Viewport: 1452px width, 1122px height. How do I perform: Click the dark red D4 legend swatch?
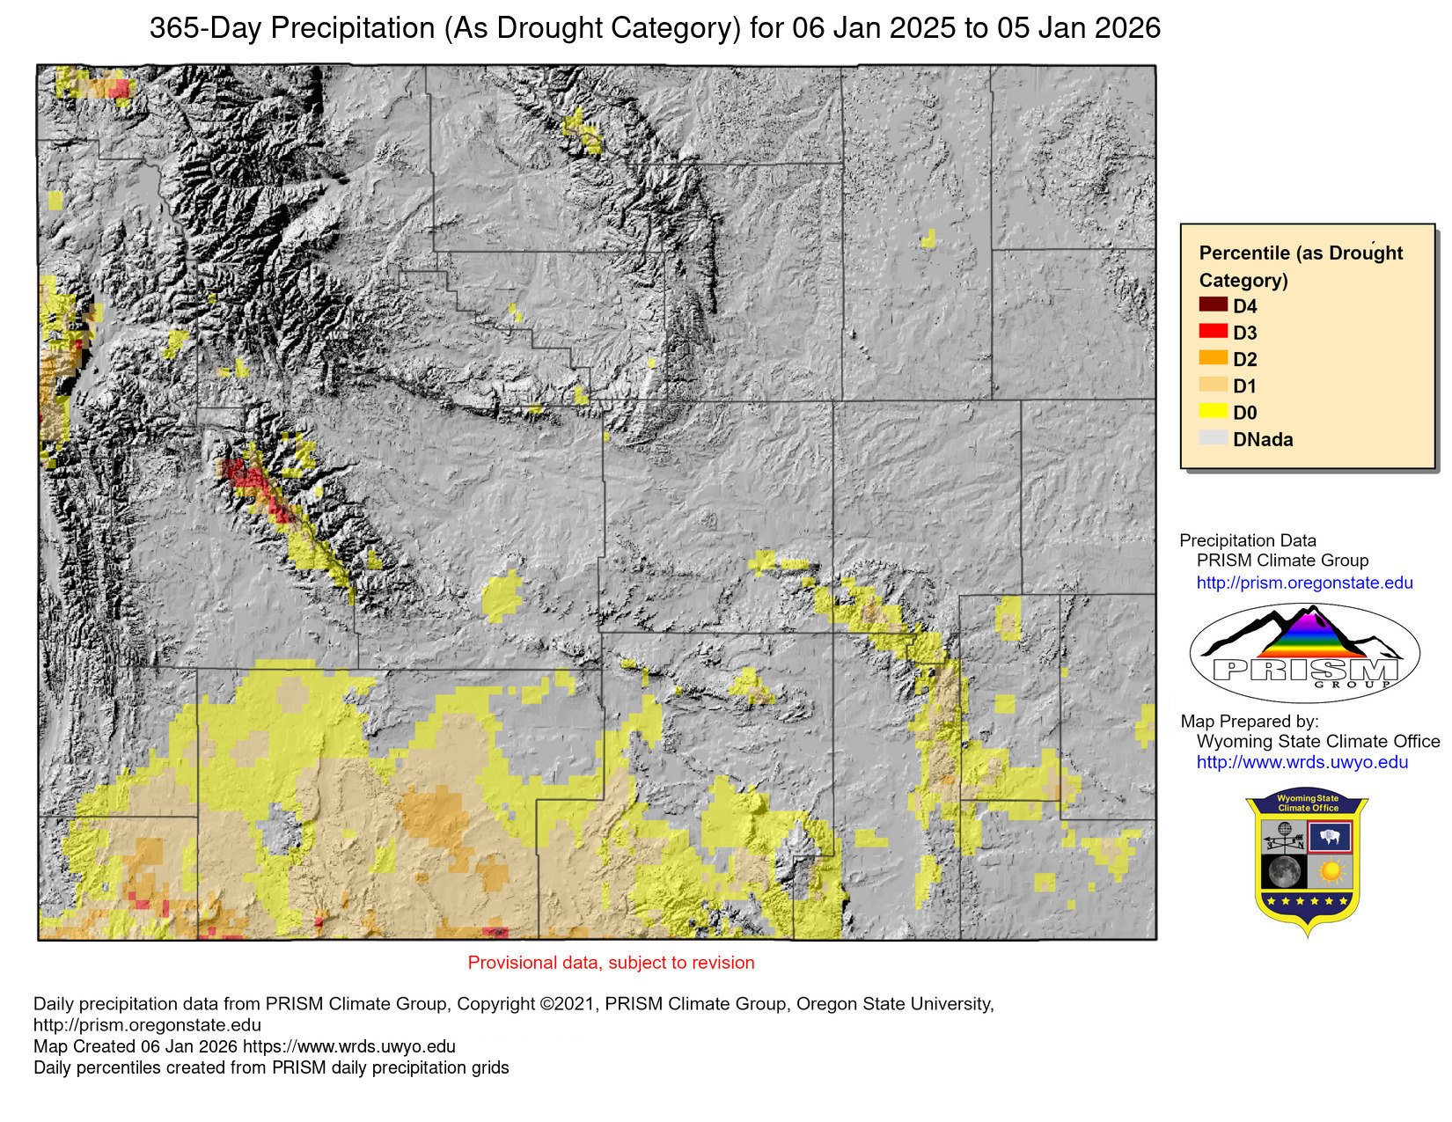[1213, 304]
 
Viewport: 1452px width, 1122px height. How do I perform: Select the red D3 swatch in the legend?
[1213, 331]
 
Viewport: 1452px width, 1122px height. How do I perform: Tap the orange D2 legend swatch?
[1213, 357]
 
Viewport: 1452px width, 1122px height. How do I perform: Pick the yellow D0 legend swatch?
[1213, 411]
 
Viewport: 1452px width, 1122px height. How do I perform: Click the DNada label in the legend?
[1263, 439]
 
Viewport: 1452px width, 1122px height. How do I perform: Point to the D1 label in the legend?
[1244, 385]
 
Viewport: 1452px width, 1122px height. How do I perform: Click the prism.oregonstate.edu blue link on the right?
[1304, 583]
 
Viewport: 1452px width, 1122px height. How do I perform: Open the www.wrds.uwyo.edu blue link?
[1302, 762]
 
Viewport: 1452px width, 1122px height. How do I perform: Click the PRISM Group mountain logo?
[1304, 652]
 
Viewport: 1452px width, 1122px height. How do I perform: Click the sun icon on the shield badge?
[1330, 871]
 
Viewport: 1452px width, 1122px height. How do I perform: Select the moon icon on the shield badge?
[1284, 871]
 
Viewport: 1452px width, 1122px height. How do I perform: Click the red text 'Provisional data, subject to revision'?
[611, 963]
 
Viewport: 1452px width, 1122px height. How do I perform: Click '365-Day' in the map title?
[205, 28]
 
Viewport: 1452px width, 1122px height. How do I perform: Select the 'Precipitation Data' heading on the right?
[1247, 540]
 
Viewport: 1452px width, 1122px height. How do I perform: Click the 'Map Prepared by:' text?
[1249, 721]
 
